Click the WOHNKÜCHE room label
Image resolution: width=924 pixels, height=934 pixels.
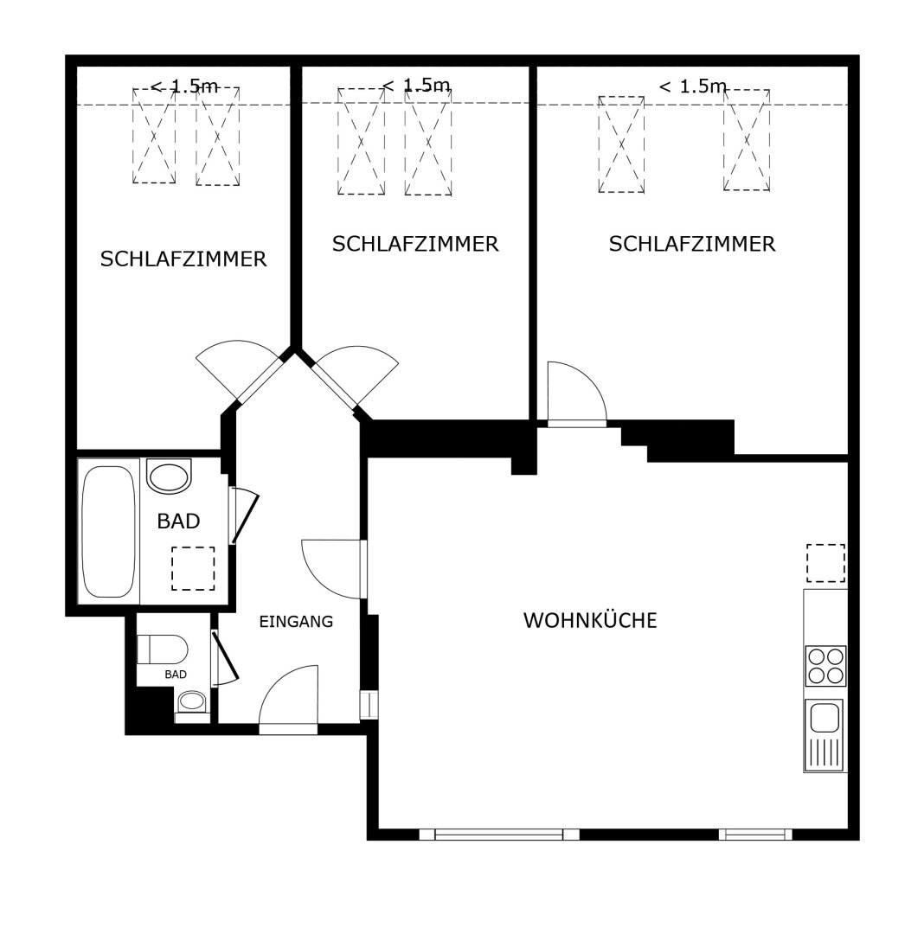590,620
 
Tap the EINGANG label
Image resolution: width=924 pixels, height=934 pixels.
296,622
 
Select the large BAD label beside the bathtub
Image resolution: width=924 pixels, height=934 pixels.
178,521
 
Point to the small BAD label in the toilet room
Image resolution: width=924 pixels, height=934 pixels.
176,675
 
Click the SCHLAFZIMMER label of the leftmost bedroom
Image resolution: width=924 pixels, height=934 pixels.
183,259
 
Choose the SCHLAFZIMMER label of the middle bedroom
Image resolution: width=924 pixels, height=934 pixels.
415,244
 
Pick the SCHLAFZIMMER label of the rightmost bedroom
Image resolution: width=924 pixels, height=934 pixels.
692,244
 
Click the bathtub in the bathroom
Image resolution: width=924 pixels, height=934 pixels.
108,531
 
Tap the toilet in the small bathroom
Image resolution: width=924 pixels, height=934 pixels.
163,649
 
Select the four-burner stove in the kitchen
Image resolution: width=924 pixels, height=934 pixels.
825,666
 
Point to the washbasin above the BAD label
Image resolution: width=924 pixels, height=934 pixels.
170,476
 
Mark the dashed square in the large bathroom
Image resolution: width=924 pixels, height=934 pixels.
193,569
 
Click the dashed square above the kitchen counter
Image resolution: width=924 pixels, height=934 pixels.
825,563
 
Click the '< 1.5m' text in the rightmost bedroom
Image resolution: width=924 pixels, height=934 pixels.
693,87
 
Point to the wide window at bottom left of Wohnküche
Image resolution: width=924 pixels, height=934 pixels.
498,835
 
